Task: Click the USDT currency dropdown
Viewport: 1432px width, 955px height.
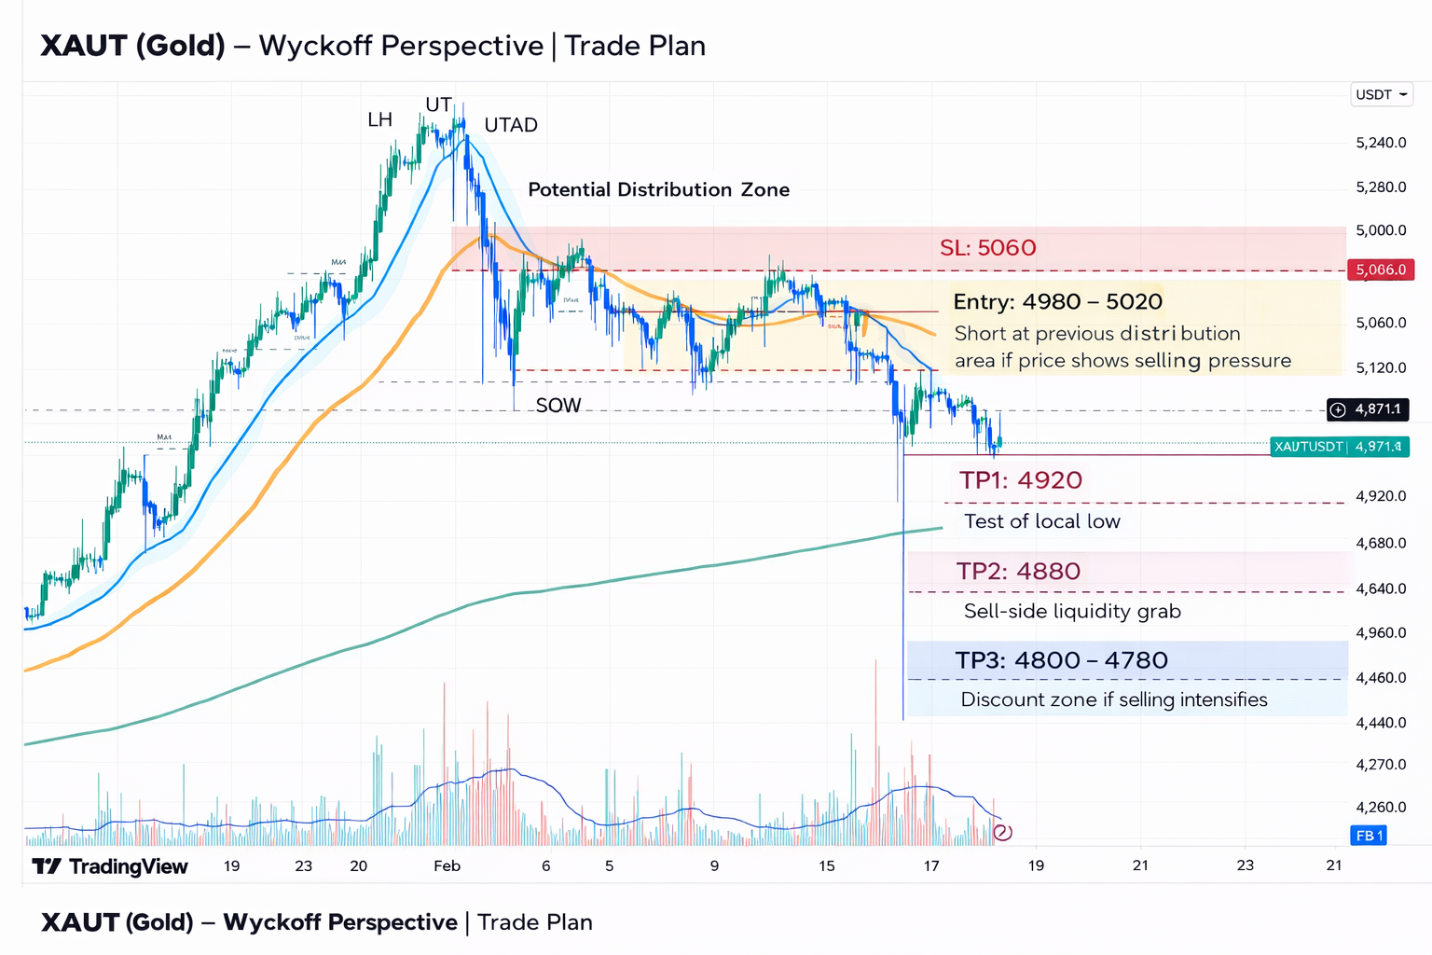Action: point(1382,94)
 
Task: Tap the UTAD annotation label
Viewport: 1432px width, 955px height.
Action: point(511,125)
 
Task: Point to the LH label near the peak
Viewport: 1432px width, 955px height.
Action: point(379,119)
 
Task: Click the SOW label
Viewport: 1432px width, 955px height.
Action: point(558,406)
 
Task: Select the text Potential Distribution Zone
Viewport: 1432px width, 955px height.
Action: point(658,189)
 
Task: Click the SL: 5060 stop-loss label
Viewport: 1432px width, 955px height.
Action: point(987,248)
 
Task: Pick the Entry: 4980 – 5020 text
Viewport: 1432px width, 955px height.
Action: point(1057,302)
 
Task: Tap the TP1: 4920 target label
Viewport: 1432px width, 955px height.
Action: point(1021,480)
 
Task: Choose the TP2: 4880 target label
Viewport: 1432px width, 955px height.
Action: point(1018,571)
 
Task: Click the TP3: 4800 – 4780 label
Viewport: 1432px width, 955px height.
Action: point(1061,660)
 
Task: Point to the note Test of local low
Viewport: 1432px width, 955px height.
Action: point(1041,521)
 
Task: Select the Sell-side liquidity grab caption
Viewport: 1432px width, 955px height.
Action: point(1072,611)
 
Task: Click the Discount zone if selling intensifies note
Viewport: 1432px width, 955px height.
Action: point(1114,699)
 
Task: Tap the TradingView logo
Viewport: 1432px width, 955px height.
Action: point(110,866)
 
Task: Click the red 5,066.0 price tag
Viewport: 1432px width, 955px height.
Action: point(1381,270)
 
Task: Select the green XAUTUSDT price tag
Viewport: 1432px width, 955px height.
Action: point(1339,447)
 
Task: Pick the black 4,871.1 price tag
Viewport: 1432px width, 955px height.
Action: point(1368,409)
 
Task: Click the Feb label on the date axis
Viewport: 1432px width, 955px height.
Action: point(447,866)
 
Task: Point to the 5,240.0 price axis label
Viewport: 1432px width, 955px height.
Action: point(1381,143)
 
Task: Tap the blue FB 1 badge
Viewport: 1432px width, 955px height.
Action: point(1368,836)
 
